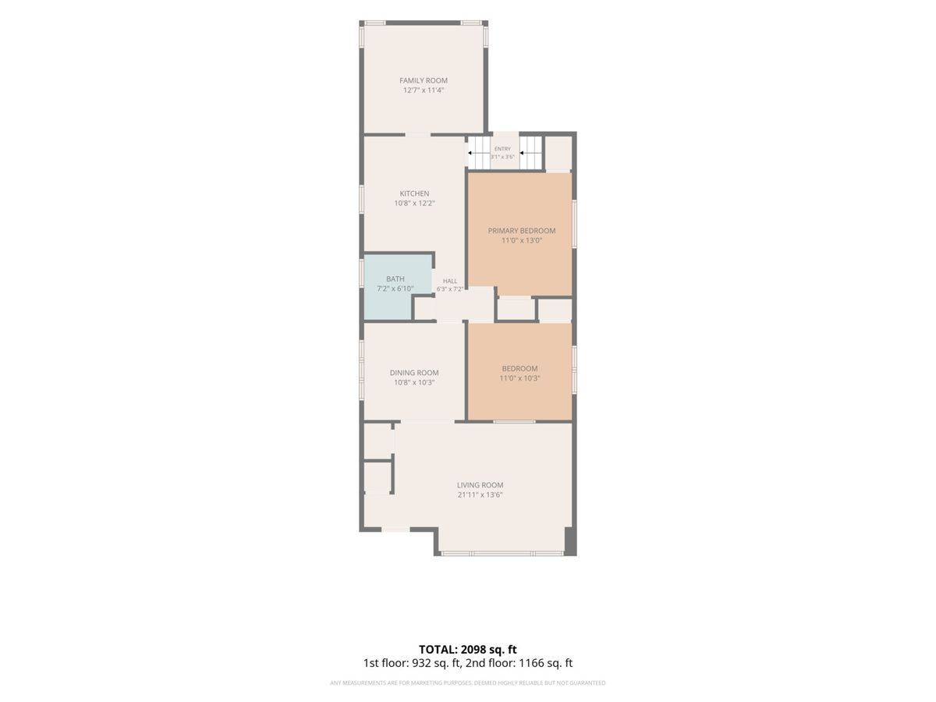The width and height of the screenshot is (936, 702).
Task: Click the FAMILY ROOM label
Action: [424, 80]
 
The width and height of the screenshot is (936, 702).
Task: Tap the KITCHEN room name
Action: [414, 193]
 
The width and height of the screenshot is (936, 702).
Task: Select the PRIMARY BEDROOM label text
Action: [522, 231]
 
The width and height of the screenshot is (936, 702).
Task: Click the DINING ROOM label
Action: [414, 373]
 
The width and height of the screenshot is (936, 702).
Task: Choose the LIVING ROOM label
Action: [480, 485]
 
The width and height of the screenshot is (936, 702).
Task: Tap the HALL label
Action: [450, 281]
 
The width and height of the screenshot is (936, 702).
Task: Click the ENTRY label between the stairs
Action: [502, 149]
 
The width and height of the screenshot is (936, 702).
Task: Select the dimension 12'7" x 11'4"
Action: [424, 90]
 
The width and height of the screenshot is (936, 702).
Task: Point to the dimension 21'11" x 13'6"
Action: [480, 495]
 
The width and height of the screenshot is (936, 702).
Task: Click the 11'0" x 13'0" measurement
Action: [522, 240]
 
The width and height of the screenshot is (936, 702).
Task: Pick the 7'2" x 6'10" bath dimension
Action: [395, 289]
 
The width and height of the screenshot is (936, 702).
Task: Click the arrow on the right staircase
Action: [523, 153]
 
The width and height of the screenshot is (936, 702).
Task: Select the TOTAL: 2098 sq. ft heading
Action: [468, 649]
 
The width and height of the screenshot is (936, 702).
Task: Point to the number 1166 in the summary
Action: [529, 663]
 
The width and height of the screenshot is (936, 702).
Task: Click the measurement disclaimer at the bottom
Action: [468, 682]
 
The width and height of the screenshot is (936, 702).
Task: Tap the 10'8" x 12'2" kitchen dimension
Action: [414, 204]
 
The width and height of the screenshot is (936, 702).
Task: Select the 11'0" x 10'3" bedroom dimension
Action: [519, 378]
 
